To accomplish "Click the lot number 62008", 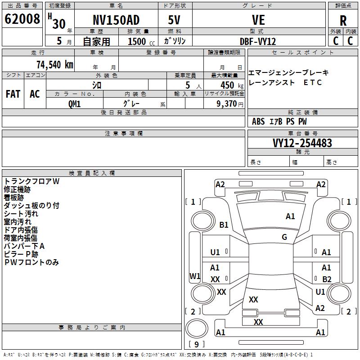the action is coord(22,19).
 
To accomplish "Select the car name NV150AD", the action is coord(116,20).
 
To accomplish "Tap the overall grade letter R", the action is coord(343,21).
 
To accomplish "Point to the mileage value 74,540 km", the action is coord(55,65).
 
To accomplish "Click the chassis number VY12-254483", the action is coord(302,143).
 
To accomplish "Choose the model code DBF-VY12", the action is coord(257,41).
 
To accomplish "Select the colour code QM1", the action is coord(74,104).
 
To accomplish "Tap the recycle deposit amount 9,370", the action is coord(227,104).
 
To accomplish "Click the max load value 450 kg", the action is coord(232,85).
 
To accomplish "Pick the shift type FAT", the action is coord(13,94).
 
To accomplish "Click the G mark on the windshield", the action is coord(284,237).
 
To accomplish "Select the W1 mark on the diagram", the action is coord(195,276).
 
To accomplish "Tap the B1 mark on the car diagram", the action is coord(224,225).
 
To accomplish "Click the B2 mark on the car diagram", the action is coord(327,279).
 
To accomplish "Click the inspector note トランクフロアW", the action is coord(31,181).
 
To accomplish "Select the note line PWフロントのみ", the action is coord(31,262).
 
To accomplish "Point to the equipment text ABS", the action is coord(258,121).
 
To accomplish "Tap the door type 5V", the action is coord(174,20).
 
